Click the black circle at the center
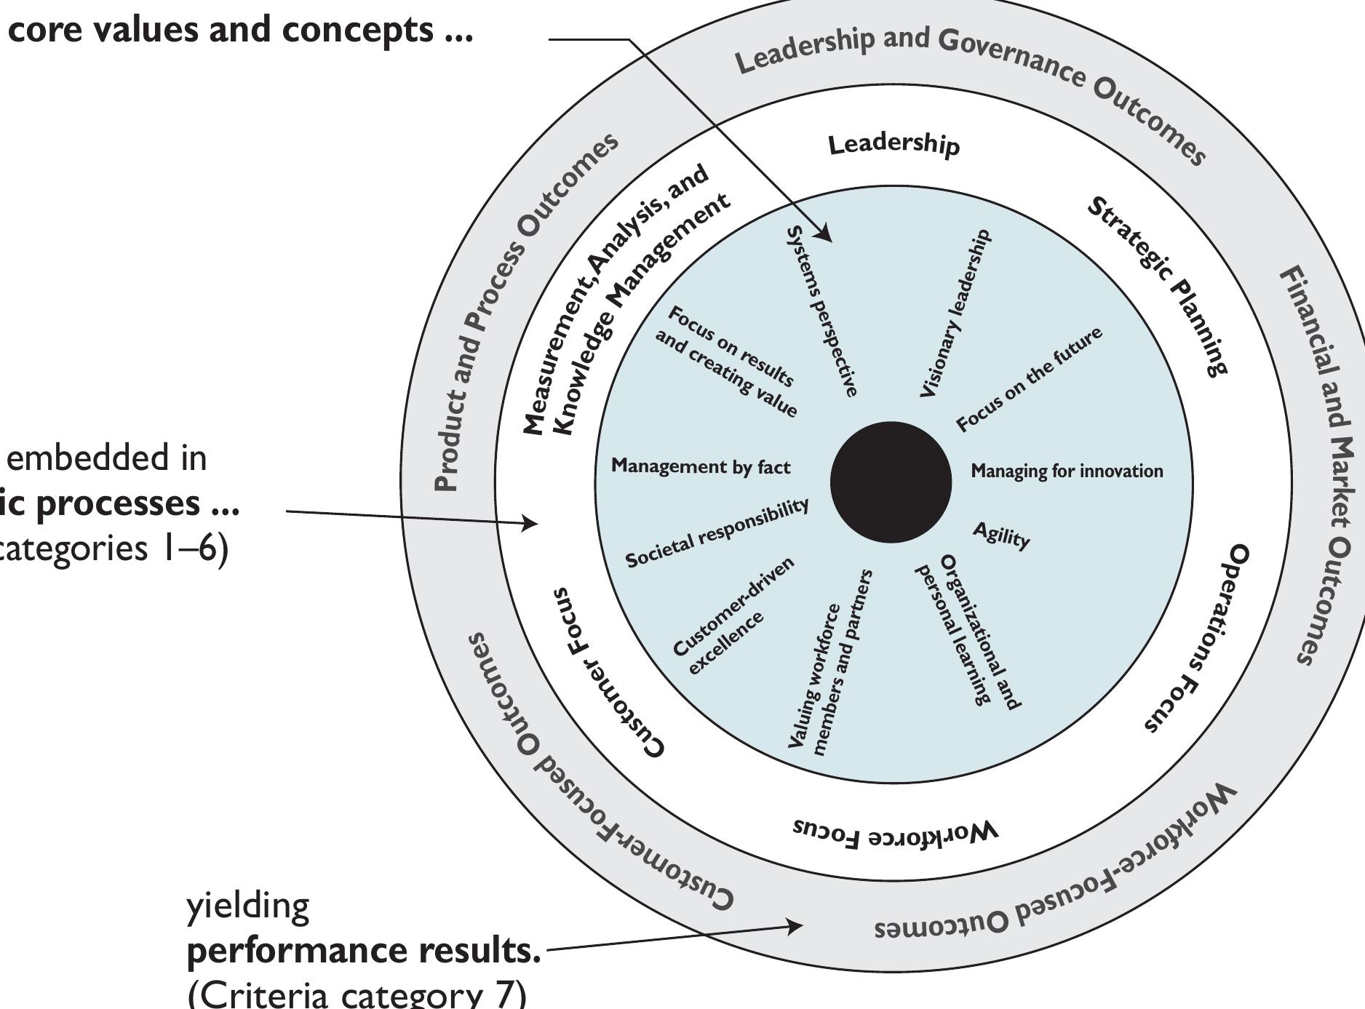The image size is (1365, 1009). click(x=891, y=482)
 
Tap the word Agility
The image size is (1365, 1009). click(x=1001, y=536)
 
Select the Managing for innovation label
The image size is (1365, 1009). click(x=1067, y=471)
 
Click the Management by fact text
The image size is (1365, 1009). click(x=700, y=466)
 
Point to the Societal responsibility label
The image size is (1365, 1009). click(x=717, y=533)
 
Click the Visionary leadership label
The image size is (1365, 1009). click(x=955, y=314)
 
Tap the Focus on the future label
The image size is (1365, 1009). click(x=1029, y=379)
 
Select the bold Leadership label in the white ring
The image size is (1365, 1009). click(x=894, y=145)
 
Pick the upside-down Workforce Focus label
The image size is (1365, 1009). click(x=894, y=832)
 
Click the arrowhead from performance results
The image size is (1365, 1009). click(x=795, y=926)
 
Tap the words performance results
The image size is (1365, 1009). click(x=364, y=950)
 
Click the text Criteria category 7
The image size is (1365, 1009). click(x=357, y=993)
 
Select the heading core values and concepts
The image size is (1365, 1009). click(x=240, y=31)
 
